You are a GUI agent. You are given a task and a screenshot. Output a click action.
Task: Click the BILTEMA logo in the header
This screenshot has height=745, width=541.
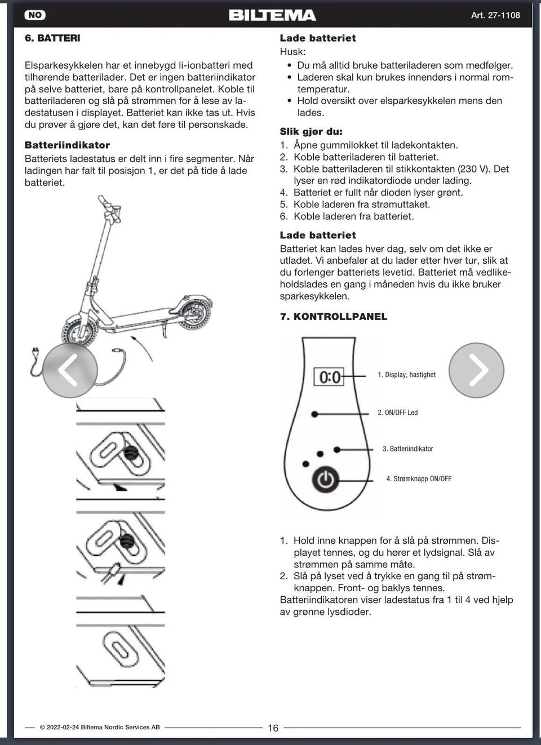(272, 15)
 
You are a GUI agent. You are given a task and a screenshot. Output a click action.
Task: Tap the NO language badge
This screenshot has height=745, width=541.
(35, 15)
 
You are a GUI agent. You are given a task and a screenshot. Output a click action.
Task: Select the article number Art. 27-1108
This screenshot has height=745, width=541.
(495, 15)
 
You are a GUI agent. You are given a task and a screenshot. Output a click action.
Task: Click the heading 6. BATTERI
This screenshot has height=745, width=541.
(52, 38)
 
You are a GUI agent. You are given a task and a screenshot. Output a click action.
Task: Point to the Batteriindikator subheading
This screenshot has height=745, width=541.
(67, 145)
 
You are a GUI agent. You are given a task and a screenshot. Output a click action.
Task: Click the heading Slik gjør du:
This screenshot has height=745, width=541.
(311, 131)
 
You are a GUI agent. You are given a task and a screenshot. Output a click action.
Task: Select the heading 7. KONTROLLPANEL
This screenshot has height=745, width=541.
(333, 316)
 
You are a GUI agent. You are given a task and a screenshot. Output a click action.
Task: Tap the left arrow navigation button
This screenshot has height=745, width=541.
(69, 370)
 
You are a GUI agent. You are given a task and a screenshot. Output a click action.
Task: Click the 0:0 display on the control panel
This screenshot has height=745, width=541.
(330, 376)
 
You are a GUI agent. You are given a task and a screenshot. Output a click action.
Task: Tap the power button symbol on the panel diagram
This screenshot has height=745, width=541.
(325, 480)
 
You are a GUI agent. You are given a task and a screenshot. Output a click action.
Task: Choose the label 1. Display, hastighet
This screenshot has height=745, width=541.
(406, 375)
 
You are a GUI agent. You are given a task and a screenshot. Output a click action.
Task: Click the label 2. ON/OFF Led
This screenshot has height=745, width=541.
(397, 413)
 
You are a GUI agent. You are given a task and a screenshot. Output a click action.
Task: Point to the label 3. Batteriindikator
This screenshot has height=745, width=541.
(407, 449)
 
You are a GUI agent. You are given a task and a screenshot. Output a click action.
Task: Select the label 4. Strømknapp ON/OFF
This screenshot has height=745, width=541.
(419, 479)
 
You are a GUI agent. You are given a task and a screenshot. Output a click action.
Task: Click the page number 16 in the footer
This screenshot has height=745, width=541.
(273, 728)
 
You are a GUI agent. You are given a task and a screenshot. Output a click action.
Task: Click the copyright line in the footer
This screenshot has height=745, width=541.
(100, 728)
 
